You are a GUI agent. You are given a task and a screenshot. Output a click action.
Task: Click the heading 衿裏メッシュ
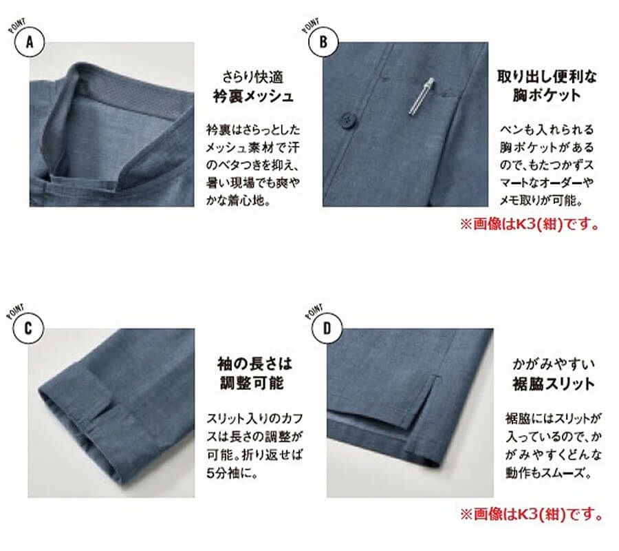pos(252,96)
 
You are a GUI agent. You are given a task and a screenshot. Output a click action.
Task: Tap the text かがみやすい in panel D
pos(547,362)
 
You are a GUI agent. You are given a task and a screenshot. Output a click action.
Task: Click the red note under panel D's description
pos(530,514)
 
